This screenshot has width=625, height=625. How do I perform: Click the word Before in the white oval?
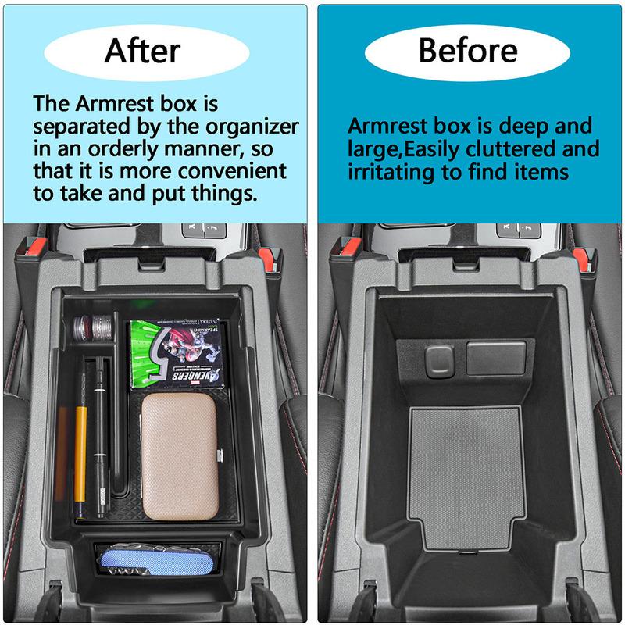point(467,51)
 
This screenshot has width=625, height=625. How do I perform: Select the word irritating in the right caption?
point(395,171)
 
